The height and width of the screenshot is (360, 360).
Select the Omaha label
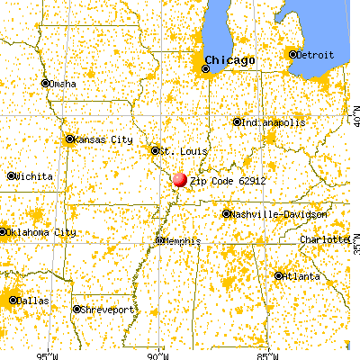click(62, 84)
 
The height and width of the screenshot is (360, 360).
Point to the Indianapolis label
click(271, 122)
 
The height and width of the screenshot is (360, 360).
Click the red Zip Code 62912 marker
click(180, 179)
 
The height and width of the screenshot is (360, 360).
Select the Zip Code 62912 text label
click(228, 181)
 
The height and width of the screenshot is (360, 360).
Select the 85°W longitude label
click(264, 353)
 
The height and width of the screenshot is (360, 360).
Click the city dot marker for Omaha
click(45, 84)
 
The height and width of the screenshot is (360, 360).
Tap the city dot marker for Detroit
click(292, 55)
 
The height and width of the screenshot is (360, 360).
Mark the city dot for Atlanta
click(279, 275)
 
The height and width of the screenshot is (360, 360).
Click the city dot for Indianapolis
click(237, 122)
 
